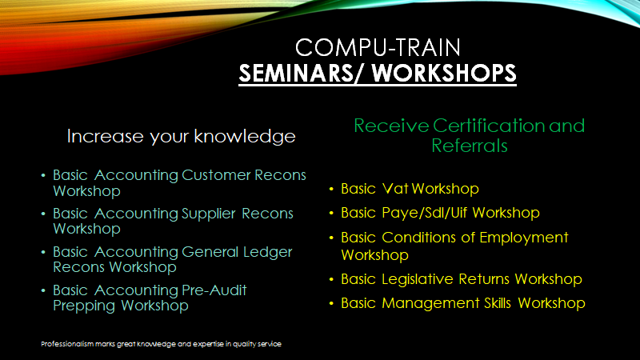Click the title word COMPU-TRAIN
click(378, 47)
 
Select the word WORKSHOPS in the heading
click(444, 74)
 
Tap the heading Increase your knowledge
click(182, 136)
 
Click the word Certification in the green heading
click(489, 126)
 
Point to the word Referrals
click(470, 146)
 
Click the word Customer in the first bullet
click(216, 175)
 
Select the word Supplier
click(209, 214)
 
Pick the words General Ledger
click(237, 252)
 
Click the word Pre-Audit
click(214, 290)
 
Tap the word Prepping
click(84, 306)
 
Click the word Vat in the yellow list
click(395, 189)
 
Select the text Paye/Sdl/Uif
click(425, 213)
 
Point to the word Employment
click(524, 238)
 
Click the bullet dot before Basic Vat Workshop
click(331, 189)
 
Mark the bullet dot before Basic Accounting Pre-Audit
click(43, 290)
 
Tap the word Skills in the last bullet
click(498, 303)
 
